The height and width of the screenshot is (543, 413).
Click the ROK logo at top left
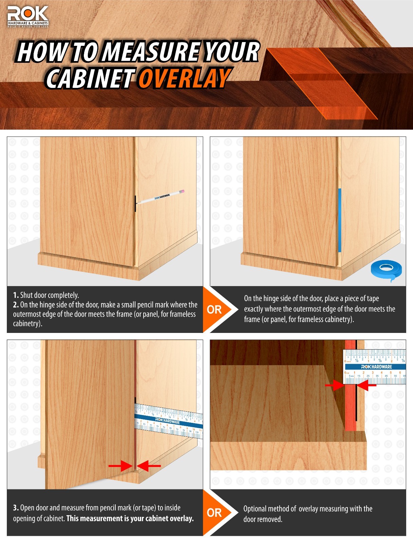point(28,17)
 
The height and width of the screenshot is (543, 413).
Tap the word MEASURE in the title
point(152,52)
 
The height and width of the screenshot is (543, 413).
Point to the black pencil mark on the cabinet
point(135,203)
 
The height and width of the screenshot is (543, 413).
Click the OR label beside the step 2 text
point(214,310)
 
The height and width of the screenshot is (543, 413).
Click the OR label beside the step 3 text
point(214,512)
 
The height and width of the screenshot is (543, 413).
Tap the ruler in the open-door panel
point(169,420)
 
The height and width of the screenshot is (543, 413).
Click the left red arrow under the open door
point(120,466)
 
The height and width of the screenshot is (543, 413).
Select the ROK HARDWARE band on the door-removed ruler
point(376,367)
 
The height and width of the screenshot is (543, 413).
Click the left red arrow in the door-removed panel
point(334,385)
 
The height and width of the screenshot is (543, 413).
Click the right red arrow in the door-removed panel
point(367,385)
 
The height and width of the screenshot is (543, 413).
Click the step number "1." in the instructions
point(16,295)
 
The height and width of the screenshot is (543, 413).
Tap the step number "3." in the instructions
point(16,508)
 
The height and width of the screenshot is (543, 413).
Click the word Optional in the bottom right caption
point(255,509)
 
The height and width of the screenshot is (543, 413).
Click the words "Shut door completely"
point(50,295)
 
